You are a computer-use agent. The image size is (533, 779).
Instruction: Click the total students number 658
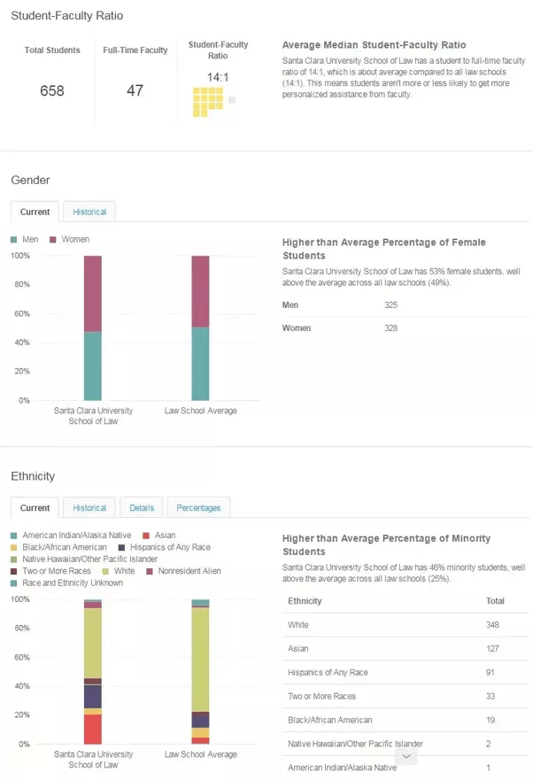pos(52,90)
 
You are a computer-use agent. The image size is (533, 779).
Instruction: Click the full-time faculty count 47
pos(135,90)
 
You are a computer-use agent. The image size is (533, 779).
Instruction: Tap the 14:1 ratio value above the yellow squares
pos(218,77)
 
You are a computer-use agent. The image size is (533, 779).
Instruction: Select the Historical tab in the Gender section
pos(89,212)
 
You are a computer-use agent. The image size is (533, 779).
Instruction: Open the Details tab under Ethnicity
pos(142,508)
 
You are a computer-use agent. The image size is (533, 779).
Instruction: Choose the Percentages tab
pos(198,508)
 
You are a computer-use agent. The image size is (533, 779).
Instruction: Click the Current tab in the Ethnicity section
pos(35,508)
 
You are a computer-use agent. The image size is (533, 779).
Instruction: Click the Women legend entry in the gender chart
pos(74,240)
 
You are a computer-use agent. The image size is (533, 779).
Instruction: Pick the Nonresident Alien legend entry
pos(189,571)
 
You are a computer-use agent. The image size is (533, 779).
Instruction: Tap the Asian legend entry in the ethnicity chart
pos(165,536)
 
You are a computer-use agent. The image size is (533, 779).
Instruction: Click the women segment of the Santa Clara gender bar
pos(92,293)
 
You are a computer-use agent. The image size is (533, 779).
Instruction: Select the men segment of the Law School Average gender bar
pos(200,364)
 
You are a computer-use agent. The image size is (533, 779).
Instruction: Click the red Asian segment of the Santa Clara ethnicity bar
pos(92,729)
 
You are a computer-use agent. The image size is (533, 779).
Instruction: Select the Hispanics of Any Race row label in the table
pos(328,673)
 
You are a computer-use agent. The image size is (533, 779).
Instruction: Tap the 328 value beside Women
pos(390,328)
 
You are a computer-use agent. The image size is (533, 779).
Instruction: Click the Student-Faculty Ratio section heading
pos(67,16)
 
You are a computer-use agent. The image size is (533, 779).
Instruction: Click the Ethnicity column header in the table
pos(305,601)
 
